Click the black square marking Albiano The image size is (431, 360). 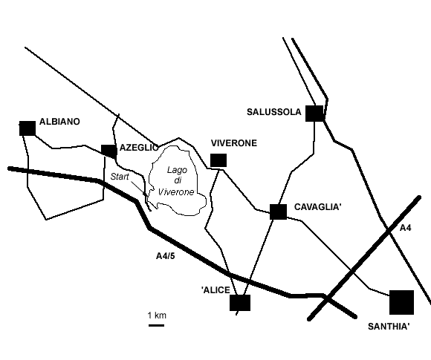pyautogui.click(x=27, y=128)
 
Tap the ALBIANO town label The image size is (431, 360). pyautogui.click(x=59, y=122)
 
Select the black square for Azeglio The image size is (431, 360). pyautogui.click(x=108, y=151)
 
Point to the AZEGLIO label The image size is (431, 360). pyautogui.click(x=139, y=148)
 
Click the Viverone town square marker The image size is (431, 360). pyautogui.click(x=218, y=160)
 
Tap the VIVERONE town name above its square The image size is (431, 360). pyautogui.click(x=234, y=143)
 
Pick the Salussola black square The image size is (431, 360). pyautogui.click(x=315, y=114)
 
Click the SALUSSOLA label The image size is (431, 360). pyautogui.click(x=274, y=112)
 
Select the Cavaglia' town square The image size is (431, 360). pyautogui.click(x=278, y=212)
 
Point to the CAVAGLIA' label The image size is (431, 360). pyautogui.click(x=318, y=207)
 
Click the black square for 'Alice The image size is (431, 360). pyautogui.click(x=240, y=303)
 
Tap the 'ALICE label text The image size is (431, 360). pyautogui.click(x=215, y=290)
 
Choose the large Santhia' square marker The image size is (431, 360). pyautogui.click(x=401, y=302)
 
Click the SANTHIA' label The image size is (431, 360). pyautogui.click(x=389, y=327)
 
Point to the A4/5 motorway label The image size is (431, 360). pyautogui.click(x=166, y=256)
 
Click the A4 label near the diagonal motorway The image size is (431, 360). pyautogui.click(x=405, y=228)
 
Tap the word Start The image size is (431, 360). pyautogui.click(x=120, y=177)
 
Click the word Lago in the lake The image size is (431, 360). pyautogui.click(x=178, y=170)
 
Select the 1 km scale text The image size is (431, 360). pyautogui.click(x=157, y=315)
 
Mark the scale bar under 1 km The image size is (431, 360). pyautogui.click(x=156, y=325)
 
